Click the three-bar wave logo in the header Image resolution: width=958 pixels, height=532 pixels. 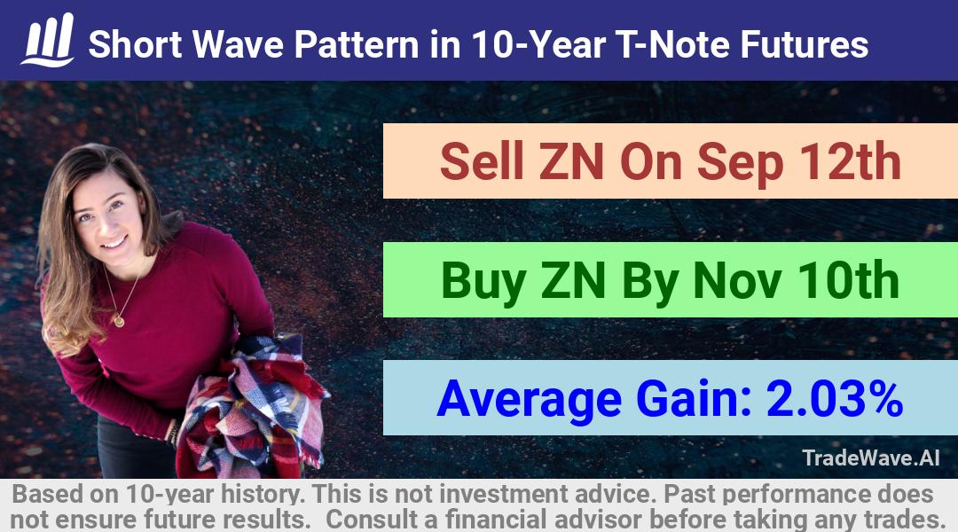coord(48,40)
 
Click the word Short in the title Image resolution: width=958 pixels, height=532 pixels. coord(135,44)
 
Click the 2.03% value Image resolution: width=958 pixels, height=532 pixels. coord(835,399)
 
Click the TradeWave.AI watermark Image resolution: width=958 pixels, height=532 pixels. coord(871,458)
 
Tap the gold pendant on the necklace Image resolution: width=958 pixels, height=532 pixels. coord(119,320)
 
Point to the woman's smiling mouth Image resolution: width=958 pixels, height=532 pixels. coord(113,243)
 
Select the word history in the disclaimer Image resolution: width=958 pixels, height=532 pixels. coord(261,494)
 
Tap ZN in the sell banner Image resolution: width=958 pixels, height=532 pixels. coord(572,161)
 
